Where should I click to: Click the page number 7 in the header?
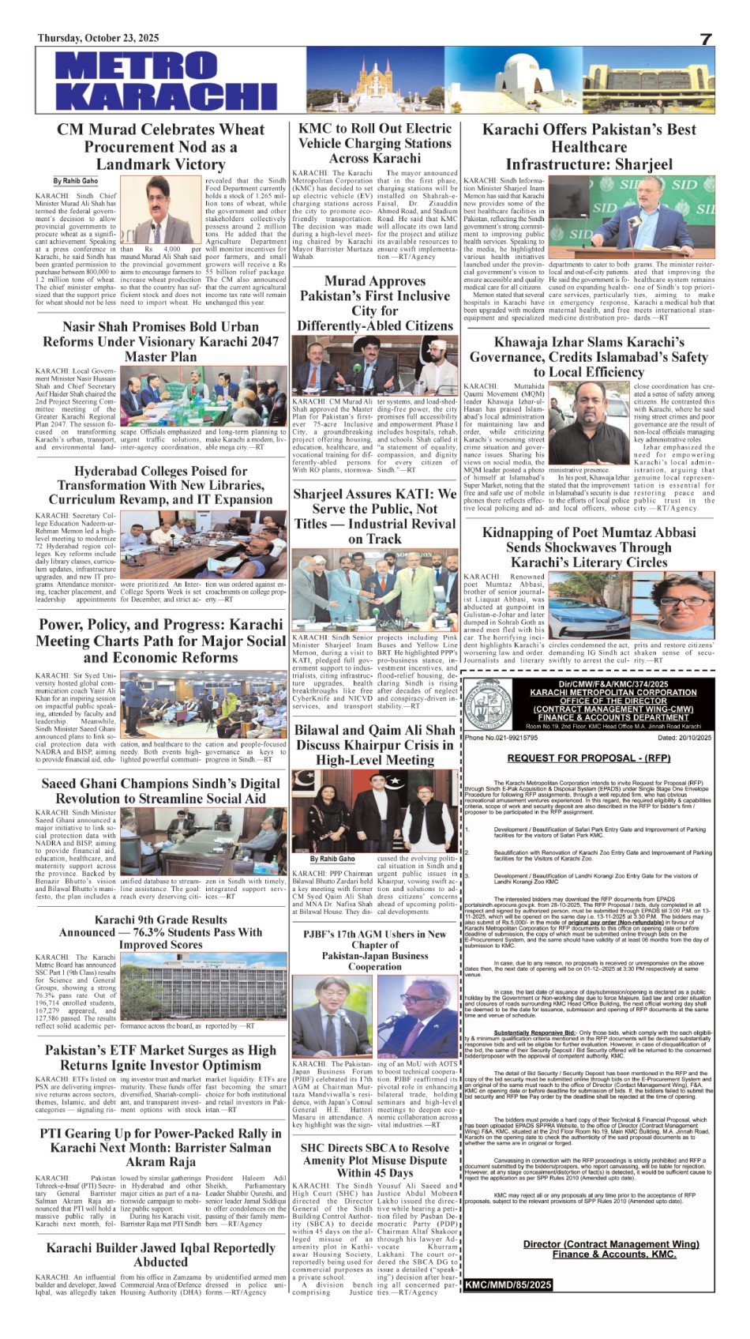pos(706,39)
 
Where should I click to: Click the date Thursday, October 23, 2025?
pos(98,39)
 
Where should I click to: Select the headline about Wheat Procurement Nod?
pos(160,147)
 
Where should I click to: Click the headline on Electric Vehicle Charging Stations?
pos(374,143)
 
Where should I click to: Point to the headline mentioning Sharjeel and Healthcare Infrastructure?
pos(589,147)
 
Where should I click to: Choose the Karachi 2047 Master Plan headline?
pos(160,341)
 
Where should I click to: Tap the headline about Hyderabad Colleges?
pos(160,485)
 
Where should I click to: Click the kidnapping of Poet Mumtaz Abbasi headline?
pos(589,547)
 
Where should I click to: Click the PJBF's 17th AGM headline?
pos(374,950)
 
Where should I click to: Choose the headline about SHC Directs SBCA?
pos(374,1160)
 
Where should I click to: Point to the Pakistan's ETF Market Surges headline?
pos(160,1058)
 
